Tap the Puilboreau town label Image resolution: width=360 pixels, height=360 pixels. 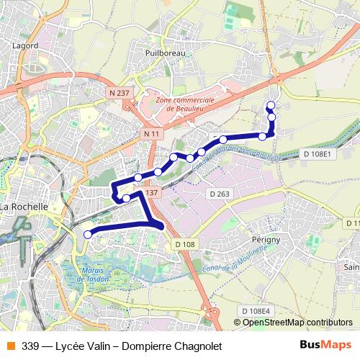pyautogui.click(x=165, y=53)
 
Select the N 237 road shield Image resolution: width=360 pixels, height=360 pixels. pyautogui.click(x=120, y=93)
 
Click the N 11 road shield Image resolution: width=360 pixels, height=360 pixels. pyautogui.click(x=152, y=135)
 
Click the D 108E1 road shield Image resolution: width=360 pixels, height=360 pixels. pyautogui.click(x=316, y=154)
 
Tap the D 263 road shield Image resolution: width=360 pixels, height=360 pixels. pyautogui.click(x=219, y=194)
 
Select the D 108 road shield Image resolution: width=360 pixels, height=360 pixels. pyautogui.click(x=184, y=245)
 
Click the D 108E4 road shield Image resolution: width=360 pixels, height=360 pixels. pyautogui.click(x=256, y=310)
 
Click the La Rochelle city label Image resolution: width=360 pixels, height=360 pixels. pyautogui.click(x=24, y=207)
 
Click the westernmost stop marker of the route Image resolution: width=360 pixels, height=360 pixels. pyautogui.click(x=89, y=234)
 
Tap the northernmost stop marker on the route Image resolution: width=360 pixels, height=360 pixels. pyautogui.click(x=271, y=107)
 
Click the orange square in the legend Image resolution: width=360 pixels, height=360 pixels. pyautogui.click(x=9, y=345)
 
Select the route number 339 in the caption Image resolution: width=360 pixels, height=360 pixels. pyautogui.click(x=31, y=346)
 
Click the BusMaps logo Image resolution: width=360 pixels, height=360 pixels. pyautogui.click(x=326, y=345)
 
